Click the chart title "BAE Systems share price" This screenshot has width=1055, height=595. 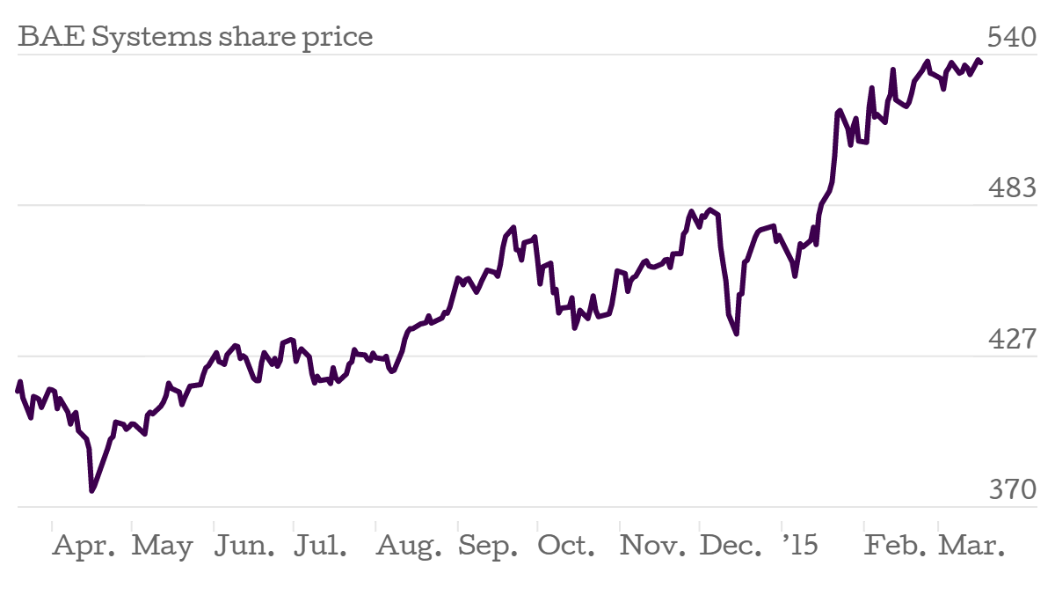pyautogui.click(x=195, y=37)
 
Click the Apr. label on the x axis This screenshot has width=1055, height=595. pyautogui.click(x=84, y=546)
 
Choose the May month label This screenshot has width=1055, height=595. pyautogui.click(x=163, y=547)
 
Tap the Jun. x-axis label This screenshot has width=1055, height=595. pyautogui.click(x=244, y=546)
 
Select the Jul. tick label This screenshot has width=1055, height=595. pyautogui.click(x=320, y=546)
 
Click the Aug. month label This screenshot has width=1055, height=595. pyautogui.click(x=410, y=547)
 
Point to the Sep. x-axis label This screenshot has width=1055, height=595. pyautogui.click(x=489, y=547)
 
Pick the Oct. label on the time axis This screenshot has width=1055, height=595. pyautogui.click(x=567, y=546)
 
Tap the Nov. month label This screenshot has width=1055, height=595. pyautogui.click(x=652, y=546)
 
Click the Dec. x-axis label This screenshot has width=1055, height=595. pyautogui.click(x=731, y=546)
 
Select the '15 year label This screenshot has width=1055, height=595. pyautogui.click(x=799, y=546)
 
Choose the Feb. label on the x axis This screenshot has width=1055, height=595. pyautogui.click(x=895, y=546)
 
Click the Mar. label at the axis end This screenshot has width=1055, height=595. pyautogui.click(x=971, y=546)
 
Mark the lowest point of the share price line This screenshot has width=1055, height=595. pyautogui.click(x=91, y=490)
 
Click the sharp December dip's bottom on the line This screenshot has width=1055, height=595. pyautogui.click(x=737, y=334)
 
